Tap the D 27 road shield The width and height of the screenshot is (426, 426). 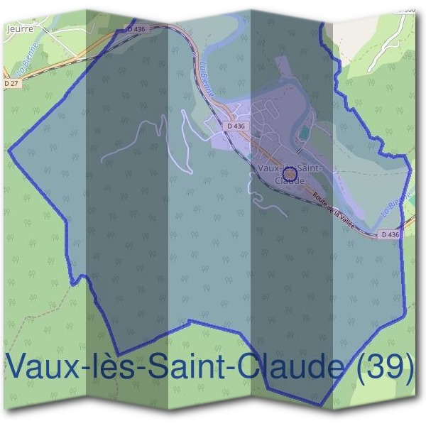click(x=11, y=83)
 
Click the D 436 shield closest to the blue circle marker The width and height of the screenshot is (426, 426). click(x=236, y=126)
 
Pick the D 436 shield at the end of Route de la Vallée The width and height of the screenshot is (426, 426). click(x=389, y=234)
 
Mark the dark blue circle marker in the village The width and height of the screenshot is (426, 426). click(x=289, y=173)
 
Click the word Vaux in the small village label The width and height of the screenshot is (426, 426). click(x=269, y=168)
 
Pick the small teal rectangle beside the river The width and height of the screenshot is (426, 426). click(x=305, y=133)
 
